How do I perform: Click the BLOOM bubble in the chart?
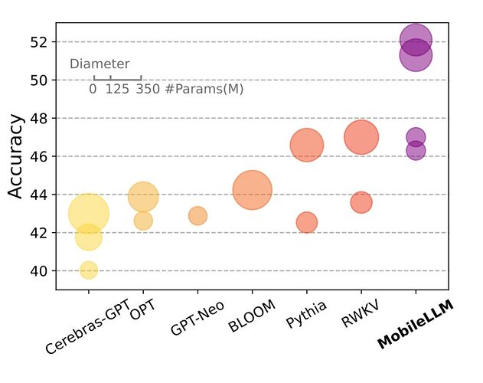coord(252,191)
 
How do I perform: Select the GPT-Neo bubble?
coord(197,216)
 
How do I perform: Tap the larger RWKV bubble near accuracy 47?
coord(361,138)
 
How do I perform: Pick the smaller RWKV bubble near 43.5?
coord(361,202)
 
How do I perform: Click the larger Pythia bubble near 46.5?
coord(307,146)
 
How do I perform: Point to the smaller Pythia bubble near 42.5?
coord(306,222)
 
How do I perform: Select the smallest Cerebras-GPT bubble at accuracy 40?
coord(89,270)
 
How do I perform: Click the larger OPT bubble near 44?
coord(143,197)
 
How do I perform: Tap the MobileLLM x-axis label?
coord(416,324)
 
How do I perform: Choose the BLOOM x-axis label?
coord(248,319)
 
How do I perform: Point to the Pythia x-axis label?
coord(306,315)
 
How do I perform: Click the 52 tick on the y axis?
coord(40,41)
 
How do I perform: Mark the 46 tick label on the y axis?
coord(40,156)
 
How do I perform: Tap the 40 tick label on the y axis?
coord(40,270)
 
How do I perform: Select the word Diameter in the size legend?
coord(100,64)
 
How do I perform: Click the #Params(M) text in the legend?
coord(204,89)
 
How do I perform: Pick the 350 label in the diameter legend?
coord(148,89)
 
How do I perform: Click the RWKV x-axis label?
coord(357,314)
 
